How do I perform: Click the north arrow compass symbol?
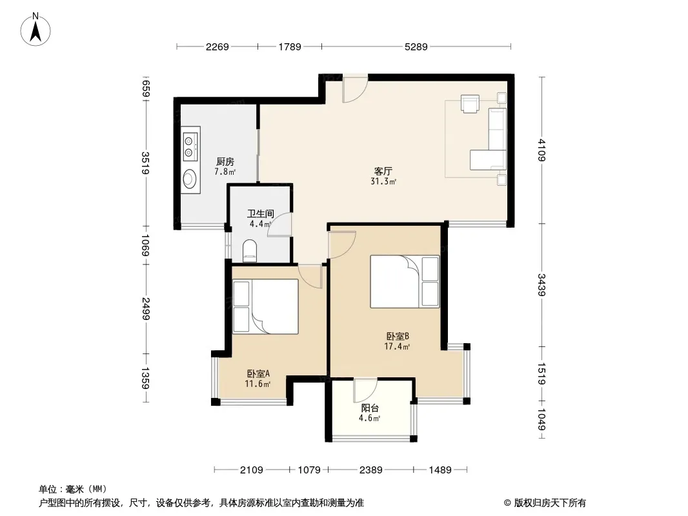[35, 30]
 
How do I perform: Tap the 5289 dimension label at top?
[416, 46]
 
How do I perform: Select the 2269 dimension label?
[218, 46]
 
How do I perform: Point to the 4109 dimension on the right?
[542, 150]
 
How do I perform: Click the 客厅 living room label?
[383, 171]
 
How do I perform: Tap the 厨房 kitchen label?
[225, 161]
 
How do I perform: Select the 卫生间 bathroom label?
[261, 213]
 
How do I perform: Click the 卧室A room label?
[258, 373]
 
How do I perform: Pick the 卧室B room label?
[398, 336]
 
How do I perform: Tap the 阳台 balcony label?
[370, 408]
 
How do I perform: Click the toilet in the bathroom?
[250, 251]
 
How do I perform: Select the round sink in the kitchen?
[190, 179]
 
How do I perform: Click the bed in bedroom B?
[405, 281]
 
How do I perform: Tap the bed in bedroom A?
[265, 306]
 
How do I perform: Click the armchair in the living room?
[470, 103]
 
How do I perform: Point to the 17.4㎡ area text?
[397, 346]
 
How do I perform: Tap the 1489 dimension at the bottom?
[440, 470]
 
